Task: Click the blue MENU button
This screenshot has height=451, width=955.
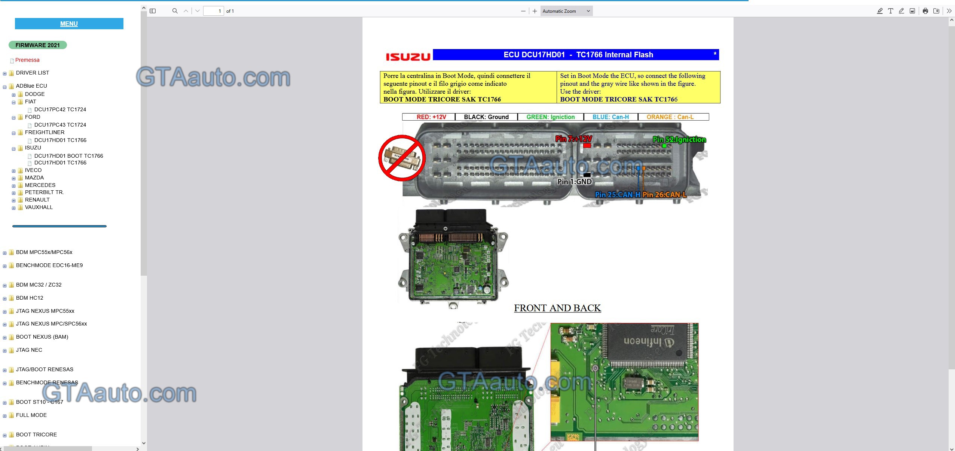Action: (x=69, y=24)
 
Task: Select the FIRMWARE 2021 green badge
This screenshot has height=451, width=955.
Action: (x=37, y=45)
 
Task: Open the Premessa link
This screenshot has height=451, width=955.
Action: (x=27, y=60)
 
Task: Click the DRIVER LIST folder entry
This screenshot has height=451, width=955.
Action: (x=32, y=73)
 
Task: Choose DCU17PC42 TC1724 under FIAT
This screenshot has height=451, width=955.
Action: (x=60, y=109)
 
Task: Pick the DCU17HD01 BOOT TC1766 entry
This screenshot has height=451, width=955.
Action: (x=68, y=156)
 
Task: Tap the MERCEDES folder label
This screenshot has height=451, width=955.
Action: (x=40, y=185)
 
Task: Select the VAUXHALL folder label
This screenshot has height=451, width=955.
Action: (x=39, y=207)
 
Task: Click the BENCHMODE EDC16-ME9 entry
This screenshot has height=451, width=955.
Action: (x=49, y=265)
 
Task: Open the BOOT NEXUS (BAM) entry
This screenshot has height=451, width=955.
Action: (x=42, y=337)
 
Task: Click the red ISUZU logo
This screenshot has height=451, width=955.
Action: (x=408, y=57)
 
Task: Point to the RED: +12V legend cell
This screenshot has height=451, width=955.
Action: (x=431, y=117)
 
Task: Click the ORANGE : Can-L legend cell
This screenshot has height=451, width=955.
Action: (x=670, y=117)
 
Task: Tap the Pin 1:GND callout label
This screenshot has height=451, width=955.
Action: (x=574, y=182)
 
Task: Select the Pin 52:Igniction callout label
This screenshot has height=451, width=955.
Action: (x=679, y=139)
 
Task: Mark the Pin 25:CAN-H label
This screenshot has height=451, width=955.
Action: (x=617, y=194)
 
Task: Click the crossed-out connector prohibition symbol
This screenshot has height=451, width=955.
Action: (x=402, y=158)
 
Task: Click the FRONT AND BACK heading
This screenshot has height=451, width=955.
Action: (x=557, y=308)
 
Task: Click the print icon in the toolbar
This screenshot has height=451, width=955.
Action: (x=925, y=11)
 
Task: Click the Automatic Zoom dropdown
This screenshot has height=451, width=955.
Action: (x=566, y=11)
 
